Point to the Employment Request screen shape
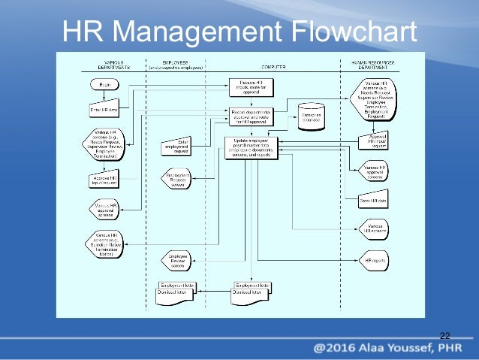[178, 179]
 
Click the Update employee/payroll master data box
[251, 147]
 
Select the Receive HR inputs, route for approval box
[251, 87]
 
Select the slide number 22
[444, 334]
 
